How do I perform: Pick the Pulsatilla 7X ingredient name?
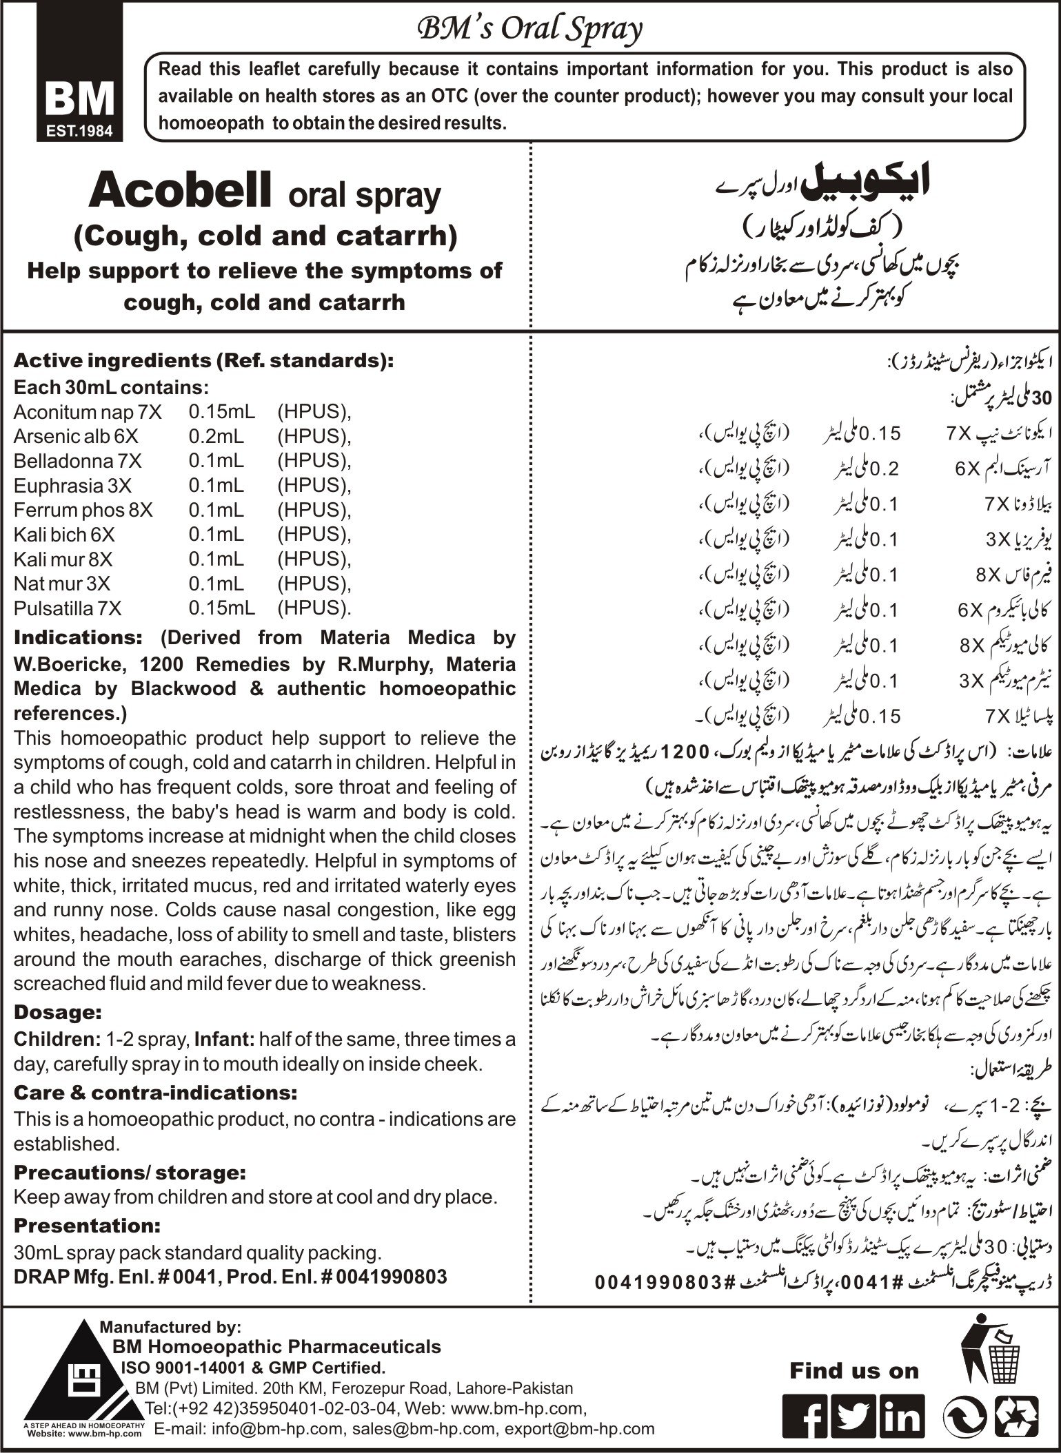point(68,608)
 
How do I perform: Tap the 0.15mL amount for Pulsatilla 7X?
point(221,608)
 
